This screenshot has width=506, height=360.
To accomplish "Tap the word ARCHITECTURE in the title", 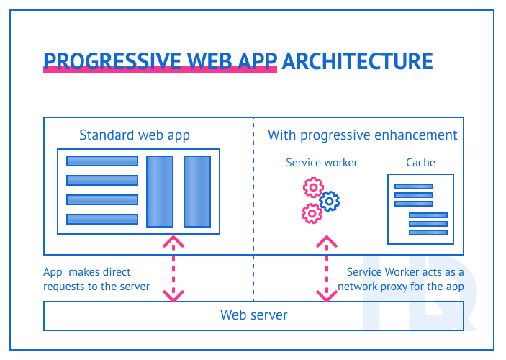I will coord(357,60).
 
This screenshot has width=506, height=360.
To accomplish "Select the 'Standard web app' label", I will coord(135,135).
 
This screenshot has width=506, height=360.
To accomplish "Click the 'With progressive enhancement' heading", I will coord(362,135).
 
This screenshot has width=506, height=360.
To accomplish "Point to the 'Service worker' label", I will coord(321,162).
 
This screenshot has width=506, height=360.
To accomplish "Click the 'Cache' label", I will coord(420,162).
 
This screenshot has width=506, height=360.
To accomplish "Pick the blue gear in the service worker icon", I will coord(329,201).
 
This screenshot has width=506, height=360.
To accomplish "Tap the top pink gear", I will coord(313,189).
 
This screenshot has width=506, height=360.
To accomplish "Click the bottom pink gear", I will coord(312,213).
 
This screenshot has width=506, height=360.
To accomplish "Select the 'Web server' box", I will coord(253,315).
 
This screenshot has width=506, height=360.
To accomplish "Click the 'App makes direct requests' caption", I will coord(96,279).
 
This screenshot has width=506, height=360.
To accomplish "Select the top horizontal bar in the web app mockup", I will coord(101,161).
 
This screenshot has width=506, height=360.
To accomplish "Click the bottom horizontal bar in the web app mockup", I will coord(101,219).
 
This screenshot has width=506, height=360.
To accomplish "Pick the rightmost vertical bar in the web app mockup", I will coord(196,191).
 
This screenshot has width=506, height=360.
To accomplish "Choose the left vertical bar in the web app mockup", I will coord(160,191).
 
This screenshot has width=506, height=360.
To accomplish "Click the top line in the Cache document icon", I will coord(413,186).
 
